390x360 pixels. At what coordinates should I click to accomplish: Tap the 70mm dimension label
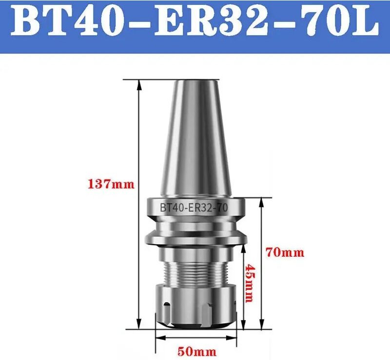click(x=285, y=252)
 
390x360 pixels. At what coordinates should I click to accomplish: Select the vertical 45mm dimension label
click(x=250, y=283)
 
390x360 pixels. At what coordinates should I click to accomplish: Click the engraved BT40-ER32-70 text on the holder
click(x=194, y=207)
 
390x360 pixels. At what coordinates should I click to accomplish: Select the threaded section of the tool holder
click(x=197, y=273)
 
